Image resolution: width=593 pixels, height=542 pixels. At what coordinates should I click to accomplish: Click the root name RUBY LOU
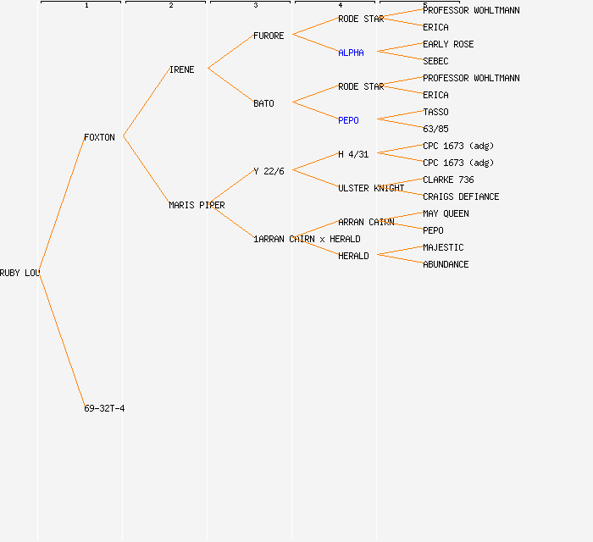coord(20,273)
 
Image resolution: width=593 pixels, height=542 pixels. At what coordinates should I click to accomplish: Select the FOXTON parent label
coord(99,137)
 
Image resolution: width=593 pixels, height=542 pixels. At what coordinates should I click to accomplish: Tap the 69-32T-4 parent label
coord(104,408)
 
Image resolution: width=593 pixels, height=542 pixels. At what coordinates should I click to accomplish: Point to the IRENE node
coord(182,69)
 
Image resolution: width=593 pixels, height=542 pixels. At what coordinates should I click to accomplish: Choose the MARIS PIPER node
coord(197,205)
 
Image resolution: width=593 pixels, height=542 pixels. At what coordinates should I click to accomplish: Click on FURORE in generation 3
coord(269,36)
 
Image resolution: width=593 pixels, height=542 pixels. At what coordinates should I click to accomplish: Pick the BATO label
coord(263,103)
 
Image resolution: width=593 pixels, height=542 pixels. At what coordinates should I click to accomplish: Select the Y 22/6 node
coord(269,171)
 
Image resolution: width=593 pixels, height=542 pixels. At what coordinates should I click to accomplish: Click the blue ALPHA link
coord(351,53)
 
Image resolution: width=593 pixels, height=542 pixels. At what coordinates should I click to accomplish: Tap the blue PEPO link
coord(348,120)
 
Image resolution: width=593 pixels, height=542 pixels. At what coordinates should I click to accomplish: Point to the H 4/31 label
coord(353,154)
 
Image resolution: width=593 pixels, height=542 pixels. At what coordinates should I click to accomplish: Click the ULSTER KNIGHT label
coord(371,188)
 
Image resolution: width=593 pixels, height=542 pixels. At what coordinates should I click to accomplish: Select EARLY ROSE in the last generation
coord(448,44)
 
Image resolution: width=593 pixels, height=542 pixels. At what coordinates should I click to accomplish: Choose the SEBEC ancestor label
coord(435,61)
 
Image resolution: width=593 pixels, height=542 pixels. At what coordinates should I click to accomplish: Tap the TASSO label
coord(435,112)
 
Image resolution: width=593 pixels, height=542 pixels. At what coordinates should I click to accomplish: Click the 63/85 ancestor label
coord(435,129)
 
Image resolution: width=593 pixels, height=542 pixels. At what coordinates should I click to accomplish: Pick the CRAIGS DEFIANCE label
coord(461,196)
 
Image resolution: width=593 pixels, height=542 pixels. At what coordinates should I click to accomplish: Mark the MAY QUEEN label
coord(446,213)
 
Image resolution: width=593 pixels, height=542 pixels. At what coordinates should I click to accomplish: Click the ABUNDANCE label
coord(446,264)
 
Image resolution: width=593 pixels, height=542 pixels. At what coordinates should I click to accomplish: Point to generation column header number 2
coord(171,5)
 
